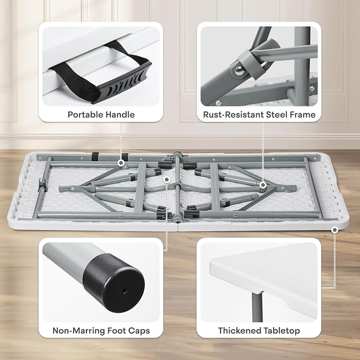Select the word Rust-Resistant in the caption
233,115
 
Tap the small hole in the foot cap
125,291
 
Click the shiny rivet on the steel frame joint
239,70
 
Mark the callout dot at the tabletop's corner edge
335,230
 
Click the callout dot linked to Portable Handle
121,163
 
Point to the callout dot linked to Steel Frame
263,185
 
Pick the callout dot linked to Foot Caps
167,179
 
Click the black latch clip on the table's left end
42,185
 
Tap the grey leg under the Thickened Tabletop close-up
257,307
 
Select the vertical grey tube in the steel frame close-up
302,66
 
